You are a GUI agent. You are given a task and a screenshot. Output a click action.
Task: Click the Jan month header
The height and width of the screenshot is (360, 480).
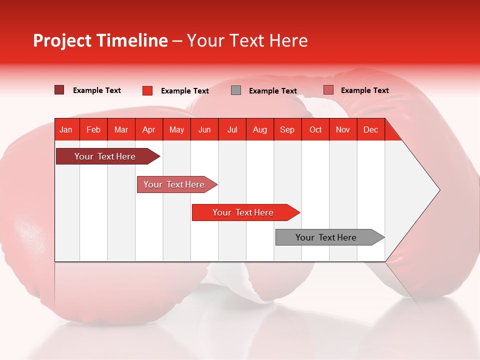click(x=66, y=129)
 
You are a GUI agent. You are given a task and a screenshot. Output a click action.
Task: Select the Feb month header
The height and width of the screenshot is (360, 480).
click(x=93, y=129)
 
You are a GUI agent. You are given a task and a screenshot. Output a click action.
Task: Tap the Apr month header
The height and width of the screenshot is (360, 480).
click(x=148, y=129)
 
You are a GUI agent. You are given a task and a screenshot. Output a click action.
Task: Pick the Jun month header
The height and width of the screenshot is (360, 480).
click(x=204, y=129)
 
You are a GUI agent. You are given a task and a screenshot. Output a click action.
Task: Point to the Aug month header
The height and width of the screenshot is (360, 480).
click(x=259, y=129)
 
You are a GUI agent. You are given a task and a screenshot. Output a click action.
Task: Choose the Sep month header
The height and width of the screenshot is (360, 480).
click(x=287, y=129)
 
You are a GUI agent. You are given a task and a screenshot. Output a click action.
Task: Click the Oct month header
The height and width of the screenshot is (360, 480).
click(x=315, y=129)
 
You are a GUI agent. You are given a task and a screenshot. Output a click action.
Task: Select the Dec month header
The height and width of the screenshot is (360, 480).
click(x=370, y=129)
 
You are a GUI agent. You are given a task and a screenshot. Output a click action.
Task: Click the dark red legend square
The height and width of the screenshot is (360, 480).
click(x=59, y=90)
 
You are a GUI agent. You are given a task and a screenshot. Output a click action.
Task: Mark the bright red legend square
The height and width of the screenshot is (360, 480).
click(x=147, y=90)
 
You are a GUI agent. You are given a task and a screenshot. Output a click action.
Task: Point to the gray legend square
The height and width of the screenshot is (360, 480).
click(x=236, y=90)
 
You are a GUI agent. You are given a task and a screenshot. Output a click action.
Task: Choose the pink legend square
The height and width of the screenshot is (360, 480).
click(x=328, y=90)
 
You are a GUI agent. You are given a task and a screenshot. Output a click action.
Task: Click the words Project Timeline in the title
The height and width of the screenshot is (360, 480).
click(x=100, y=40)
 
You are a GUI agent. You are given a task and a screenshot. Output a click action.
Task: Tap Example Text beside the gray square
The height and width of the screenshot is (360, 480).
click(x=273, y=91)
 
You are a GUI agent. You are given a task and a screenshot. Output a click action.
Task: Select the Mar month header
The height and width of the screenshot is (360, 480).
click(x=121, y=129)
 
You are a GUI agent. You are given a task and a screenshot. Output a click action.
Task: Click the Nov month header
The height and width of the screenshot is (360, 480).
click(x=343, y=129)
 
